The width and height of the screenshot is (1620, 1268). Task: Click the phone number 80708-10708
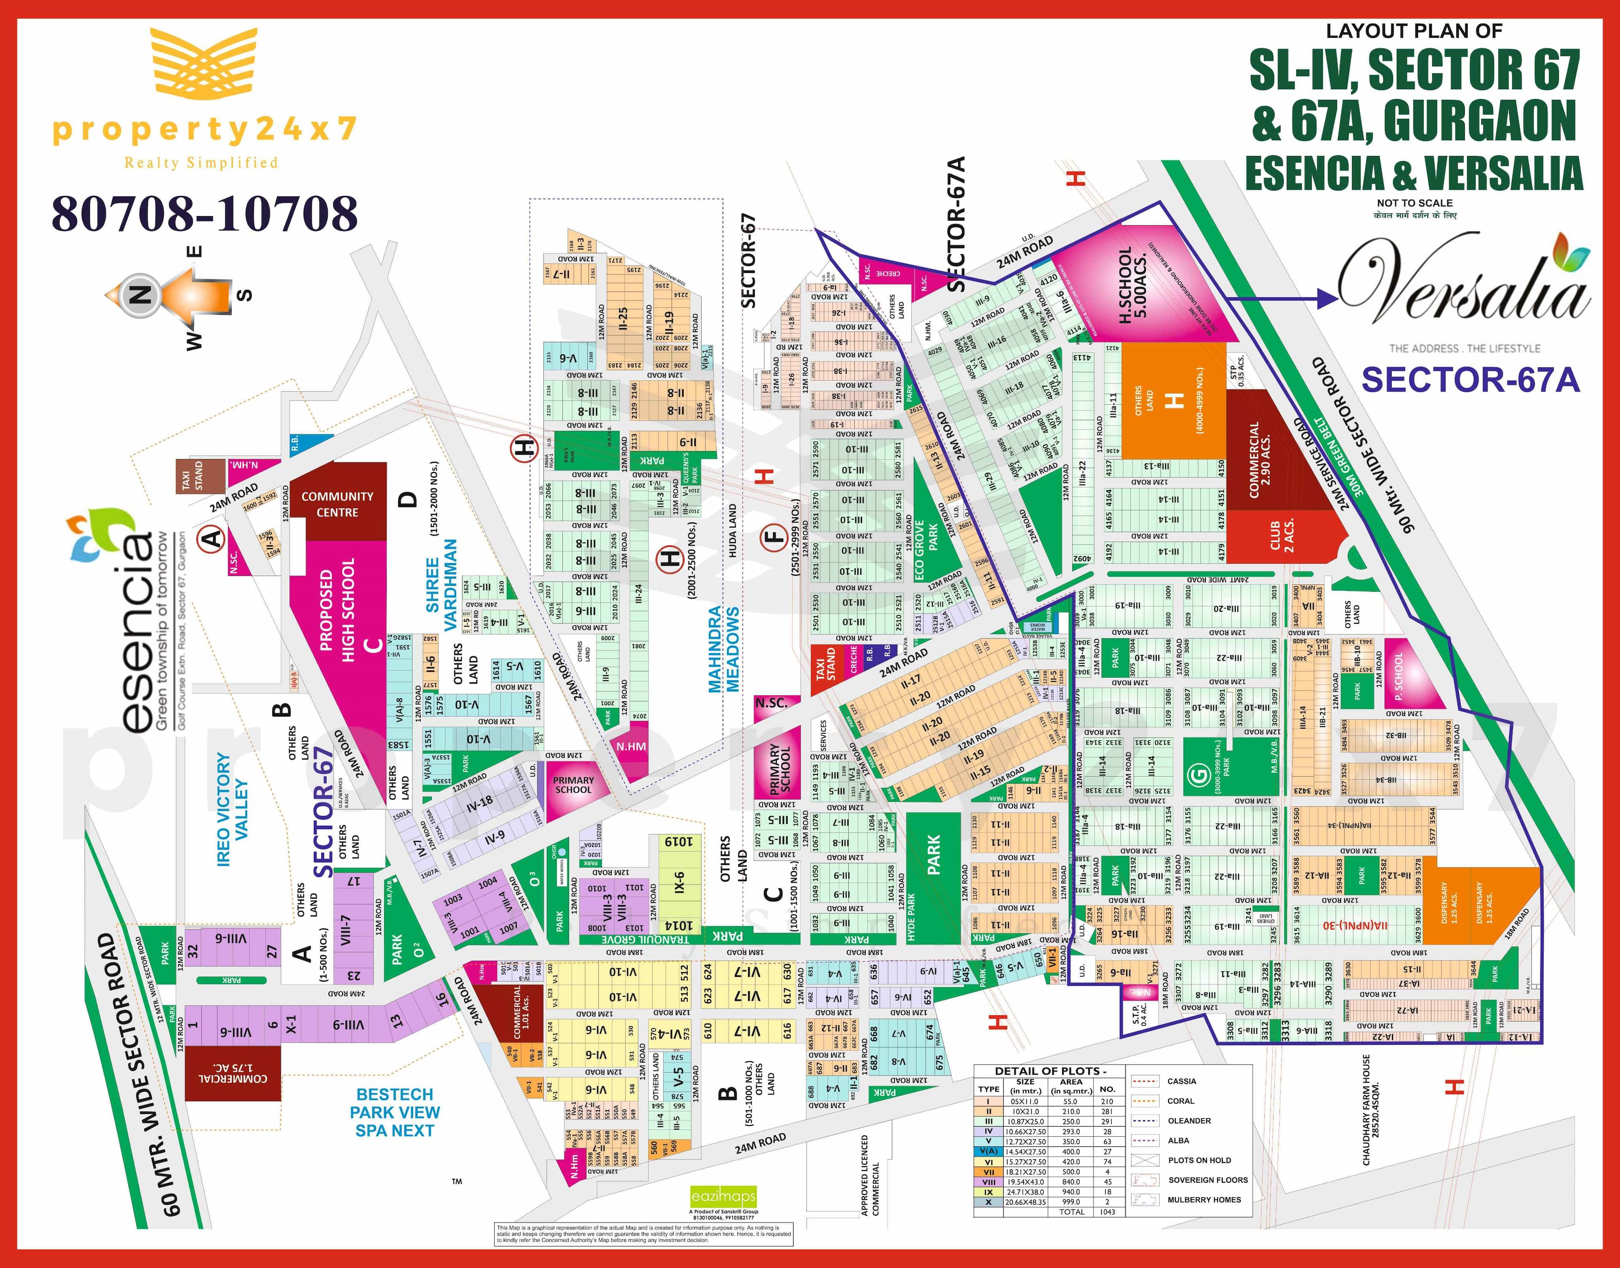pos(205,214)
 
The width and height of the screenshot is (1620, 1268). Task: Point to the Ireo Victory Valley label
pos(232,809)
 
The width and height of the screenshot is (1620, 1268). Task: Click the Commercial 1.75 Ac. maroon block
pos(232,1073)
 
